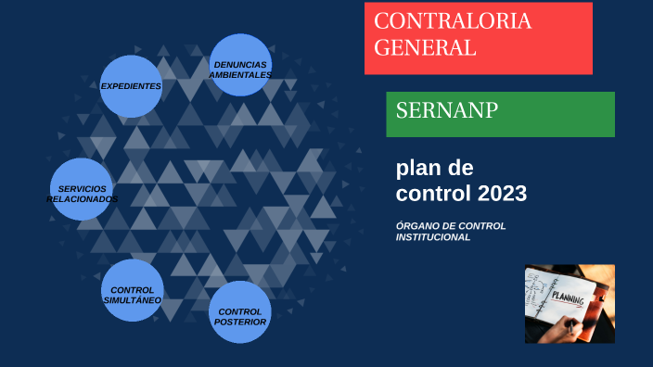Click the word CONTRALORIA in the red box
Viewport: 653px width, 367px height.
(454, 22)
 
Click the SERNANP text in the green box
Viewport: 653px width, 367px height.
(447, 111)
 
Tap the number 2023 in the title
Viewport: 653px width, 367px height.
(502, 194)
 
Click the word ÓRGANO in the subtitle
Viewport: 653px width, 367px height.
(417, 226)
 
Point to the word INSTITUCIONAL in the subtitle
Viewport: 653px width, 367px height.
(433, 237)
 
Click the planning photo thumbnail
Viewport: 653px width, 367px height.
(570, 303)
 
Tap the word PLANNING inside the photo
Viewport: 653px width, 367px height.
(569, 297)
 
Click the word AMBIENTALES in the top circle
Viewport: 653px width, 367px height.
(240, 74)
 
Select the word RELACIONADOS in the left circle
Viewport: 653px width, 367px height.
(82, 199)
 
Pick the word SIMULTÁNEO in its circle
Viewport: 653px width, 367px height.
(132, 300)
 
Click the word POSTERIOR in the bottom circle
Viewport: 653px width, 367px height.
(240, 323)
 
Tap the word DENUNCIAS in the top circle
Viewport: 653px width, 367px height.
(240, 64)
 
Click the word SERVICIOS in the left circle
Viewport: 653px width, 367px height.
(82, 188)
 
